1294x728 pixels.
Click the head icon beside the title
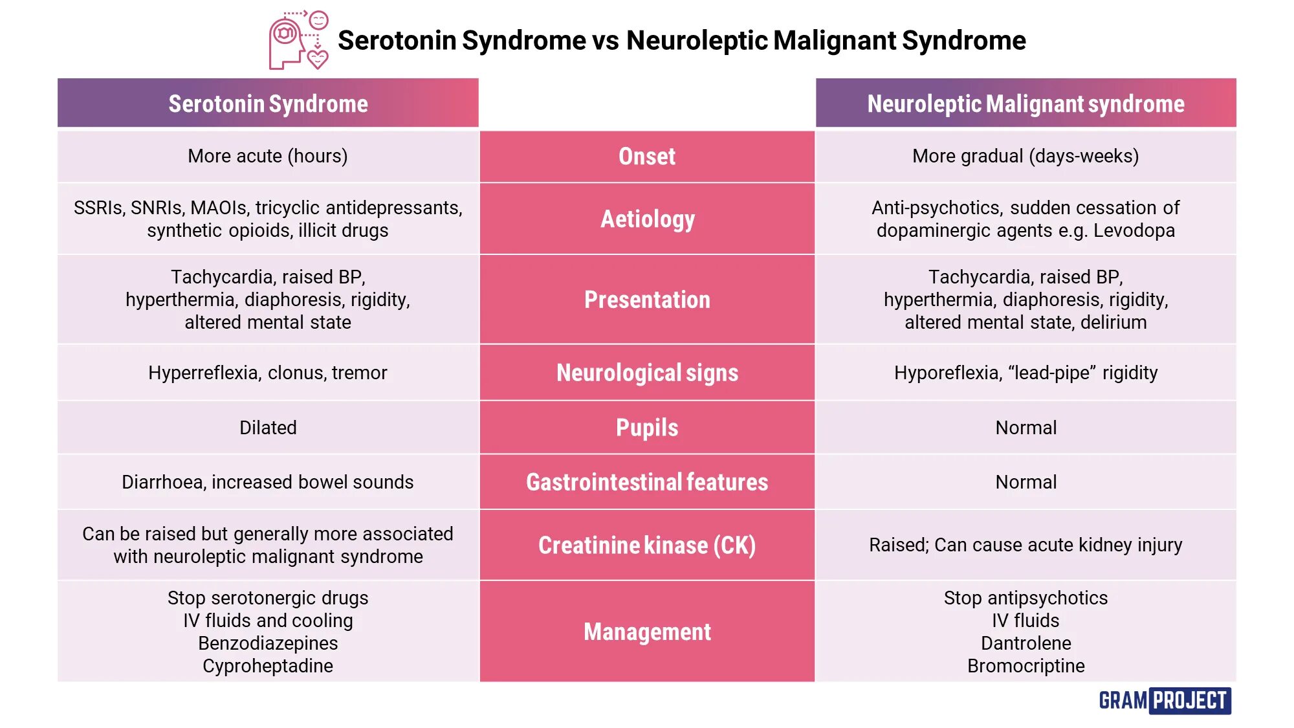point(298,40)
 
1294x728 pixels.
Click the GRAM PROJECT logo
point(1164,700)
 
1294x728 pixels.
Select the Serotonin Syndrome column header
point(268,104)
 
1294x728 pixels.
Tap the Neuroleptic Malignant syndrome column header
point(1025,104)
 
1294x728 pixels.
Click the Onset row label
point(647,157)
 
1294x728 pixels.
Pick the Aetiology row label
point(647,219)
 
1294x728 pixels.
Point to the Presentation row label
point(647,300)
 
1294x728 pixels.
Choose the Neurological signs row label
point(647,373)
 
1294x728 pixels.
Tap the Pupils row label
point(647,428)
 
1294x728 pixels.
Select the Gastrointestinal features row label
point(647,482)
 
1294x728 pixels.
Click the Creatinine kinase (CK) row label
point(647,545)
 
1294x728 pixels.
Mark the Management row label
point(647,632)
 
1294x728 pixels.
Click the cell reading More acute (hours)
point(268,156)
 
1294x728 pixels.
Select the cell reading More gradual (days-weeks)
point(1025,156)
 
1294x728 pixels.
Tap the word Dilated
point(268,428)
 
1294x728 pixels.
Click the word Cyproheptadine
point(268,666)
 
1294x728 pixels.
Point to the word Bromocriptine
point(1025,666)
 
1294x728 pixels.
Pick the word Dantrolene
point(1025,643)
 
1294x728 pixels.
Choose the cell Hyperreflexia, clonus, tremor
point(268,373)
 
